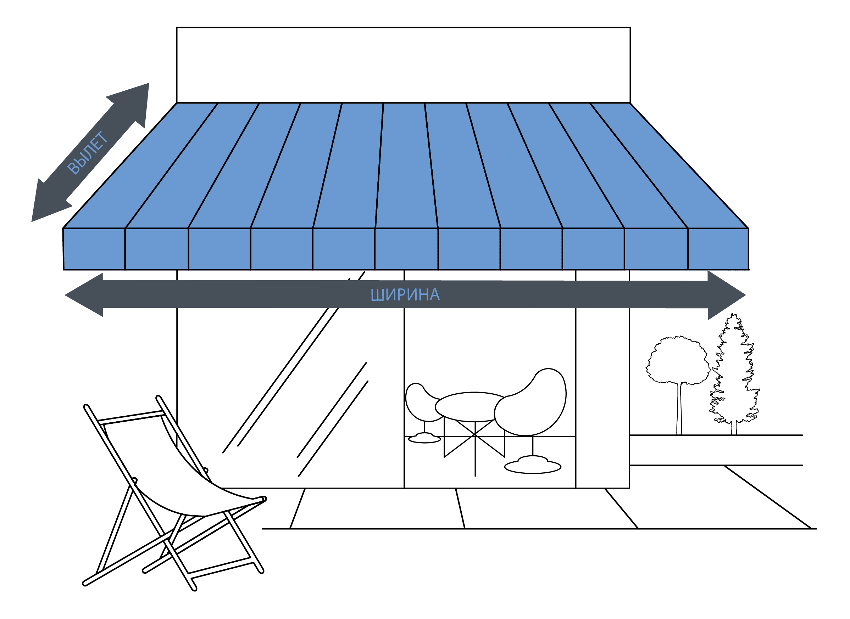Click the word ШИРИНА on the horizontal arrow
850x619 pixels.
[405, 295]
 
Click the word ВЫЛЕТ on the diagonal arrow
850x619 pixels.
[87, 152]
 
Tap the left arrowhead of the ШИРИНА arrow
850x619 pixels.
[84, 295]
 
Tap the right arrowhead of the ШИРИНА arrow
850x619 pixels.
[726, 295]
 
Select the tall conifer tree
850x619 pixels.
[734, 375]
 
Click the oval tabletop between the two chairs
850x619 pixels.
[473, 407]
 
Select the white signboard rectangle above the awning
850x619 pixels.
[403, 65]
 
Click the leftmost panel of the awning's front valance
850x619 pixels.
[94, 249]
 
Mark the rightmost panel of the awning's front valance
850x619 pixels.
[718, 249]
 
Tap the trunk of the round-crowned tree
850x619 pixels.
[679, 409]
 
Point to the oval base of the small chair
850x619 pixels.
[424, 438]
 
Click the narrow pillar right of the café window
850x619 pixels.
[602, 379]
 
